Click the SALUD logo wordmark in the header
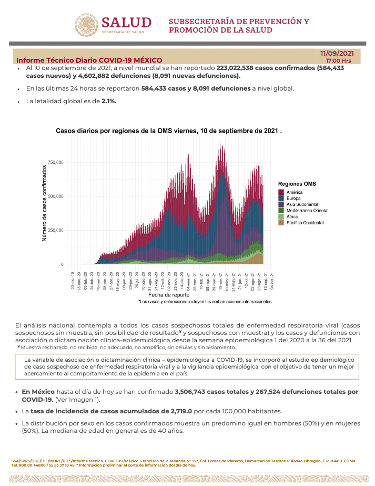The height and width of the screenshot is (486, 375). click(x=126, y=23)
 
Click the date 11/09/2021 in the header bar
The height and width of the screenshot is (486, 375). click(x=337, y=53)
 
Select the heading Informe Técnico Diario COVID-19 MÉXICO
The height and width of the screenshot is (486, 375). click(x=89, y=60)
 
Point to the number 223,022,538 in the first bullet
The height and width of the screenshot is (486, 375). click(x=241, y=68)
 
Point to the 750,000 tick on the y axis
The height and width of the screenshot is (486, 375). click(x=55, y=162)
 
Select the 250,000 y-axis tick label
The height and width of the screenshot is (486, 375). click(x=55, y=231)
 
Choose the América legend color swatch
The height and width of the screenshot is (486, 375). click(x=281, y=192)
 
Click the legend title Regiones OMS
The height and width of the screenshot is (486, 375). click(x=297, y=184)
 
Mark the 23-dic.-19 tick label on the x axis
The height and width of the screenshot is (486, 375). click(x=73, y=279)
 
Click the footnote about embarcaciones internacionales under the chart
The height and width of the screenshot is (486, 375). click(x=205, y=302)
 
